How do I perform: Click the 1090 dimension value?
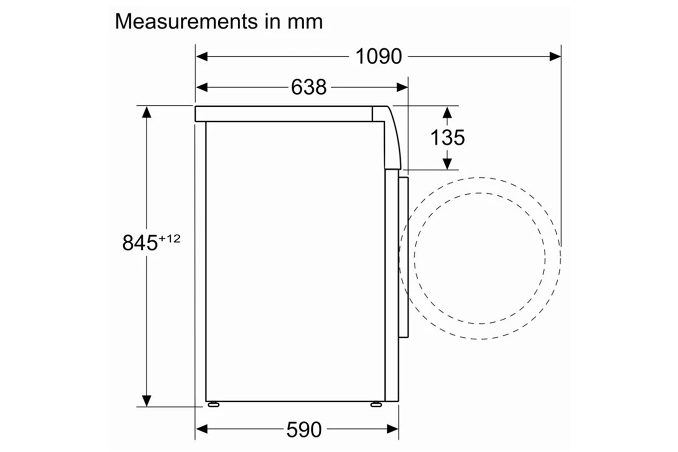(x=379, y=56)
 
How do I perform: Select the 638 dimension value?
(x=309, y=87)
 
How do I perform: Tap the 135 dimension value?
(x=447, y=138)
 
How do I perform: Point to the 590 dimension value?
(x=304, y=429)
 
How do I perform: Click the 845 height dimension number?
(x=140, y=243)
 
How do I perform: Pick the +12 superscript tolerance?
(x=169, y=239)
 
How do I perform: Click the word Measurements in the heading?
(x=186, y=22)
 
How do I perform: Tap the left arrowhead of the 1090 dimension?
(x=202, y=56)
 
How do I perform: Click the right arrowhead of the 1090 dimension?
(x=555, y=56)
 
